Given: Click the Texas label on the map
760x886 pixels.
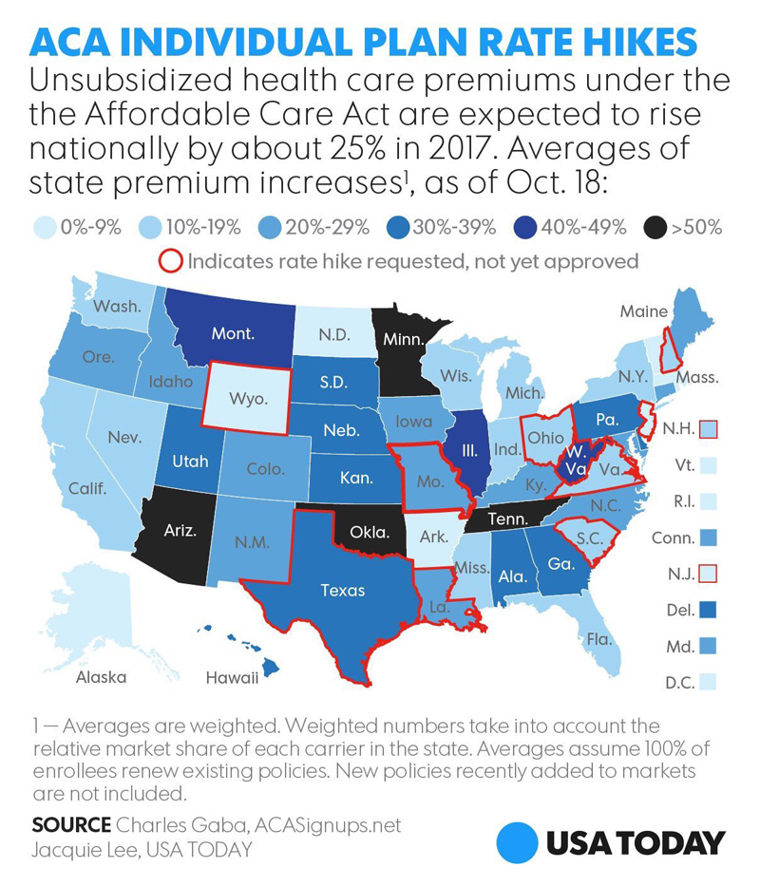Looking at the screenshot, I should [342, 590].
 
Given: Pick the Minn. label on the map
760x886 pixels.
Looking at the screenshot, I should [404, 339].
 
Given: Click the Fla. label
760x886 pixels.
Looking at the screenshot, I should [597, 638].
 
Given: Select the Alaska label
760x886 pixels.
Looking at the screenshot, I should [101, 677].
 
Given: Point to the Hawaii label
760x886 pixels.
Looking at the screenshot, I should [232, 677].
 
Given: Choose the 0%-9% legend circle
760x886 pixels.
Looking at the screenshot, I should [43, 228].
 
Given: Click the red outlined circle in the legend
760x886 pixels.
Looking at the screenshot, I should [171, 260].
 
